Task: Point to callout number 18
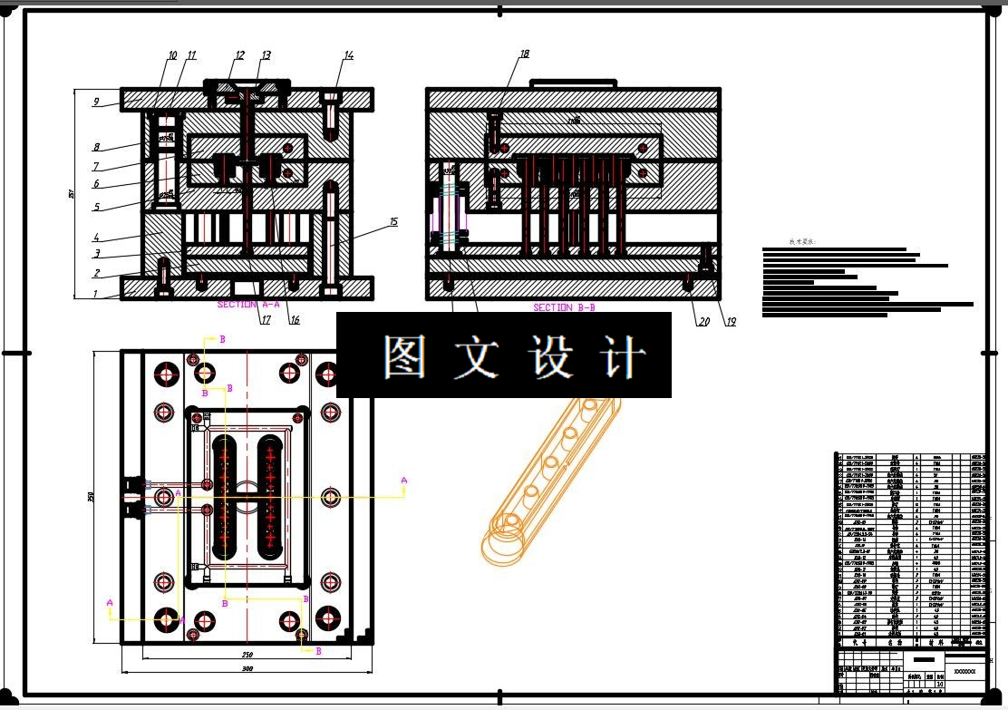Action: pyautogui.click(x=524, y=54)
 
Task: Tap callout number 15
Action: pyautogui.click(x=393, y=221)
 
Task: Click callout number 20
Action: pyautogui.click(x=703, y=321)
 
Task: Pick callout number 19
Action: pyautogui.click(x=730, y=321)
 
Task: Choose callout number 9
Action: pyautogui.click(x=95, y=102)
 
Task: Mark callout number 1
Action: pyautogui.click(x=95, y=295)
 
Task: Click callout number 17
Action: pyautogui.click(x=267, y=319)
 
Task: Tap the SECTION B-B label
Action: pyautogui.click(x=564, y=307)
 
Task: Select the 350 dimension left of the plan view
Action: pyautogui.click(x=91, y=496)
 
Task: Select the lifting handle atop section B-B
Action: pyautogui.click(x=573, y=83)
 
